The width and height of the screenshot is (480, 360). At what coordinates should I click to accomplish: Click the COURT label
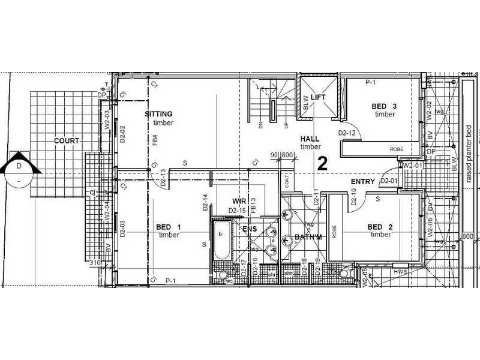click(67, 140)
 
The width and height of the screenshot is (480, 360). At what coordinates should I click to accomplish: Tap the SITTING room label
click(158, 114)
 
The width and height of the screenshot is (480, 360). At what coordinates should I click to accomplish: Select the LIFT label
click(319, 97)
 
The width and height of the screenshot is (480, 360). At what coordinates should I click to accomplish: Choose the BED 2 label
click(380, 227)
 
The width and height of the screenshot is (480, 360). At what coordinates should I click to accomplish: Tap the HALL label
click(310, 139)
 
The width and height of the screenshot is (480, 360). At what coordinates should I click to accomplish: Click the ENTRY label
click(362, 181)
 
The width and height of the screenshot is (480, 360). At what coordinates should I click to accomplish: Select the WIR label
click(240, 201)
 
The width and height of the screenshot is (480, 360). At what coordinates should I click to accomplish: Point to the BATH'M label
click(308, 238)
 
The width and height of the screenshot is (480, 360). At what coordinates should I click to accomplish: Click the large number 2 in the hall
click(322, 164)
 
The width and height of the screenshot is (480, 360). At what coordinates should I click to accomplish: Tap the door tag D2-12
click(347, 133)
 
